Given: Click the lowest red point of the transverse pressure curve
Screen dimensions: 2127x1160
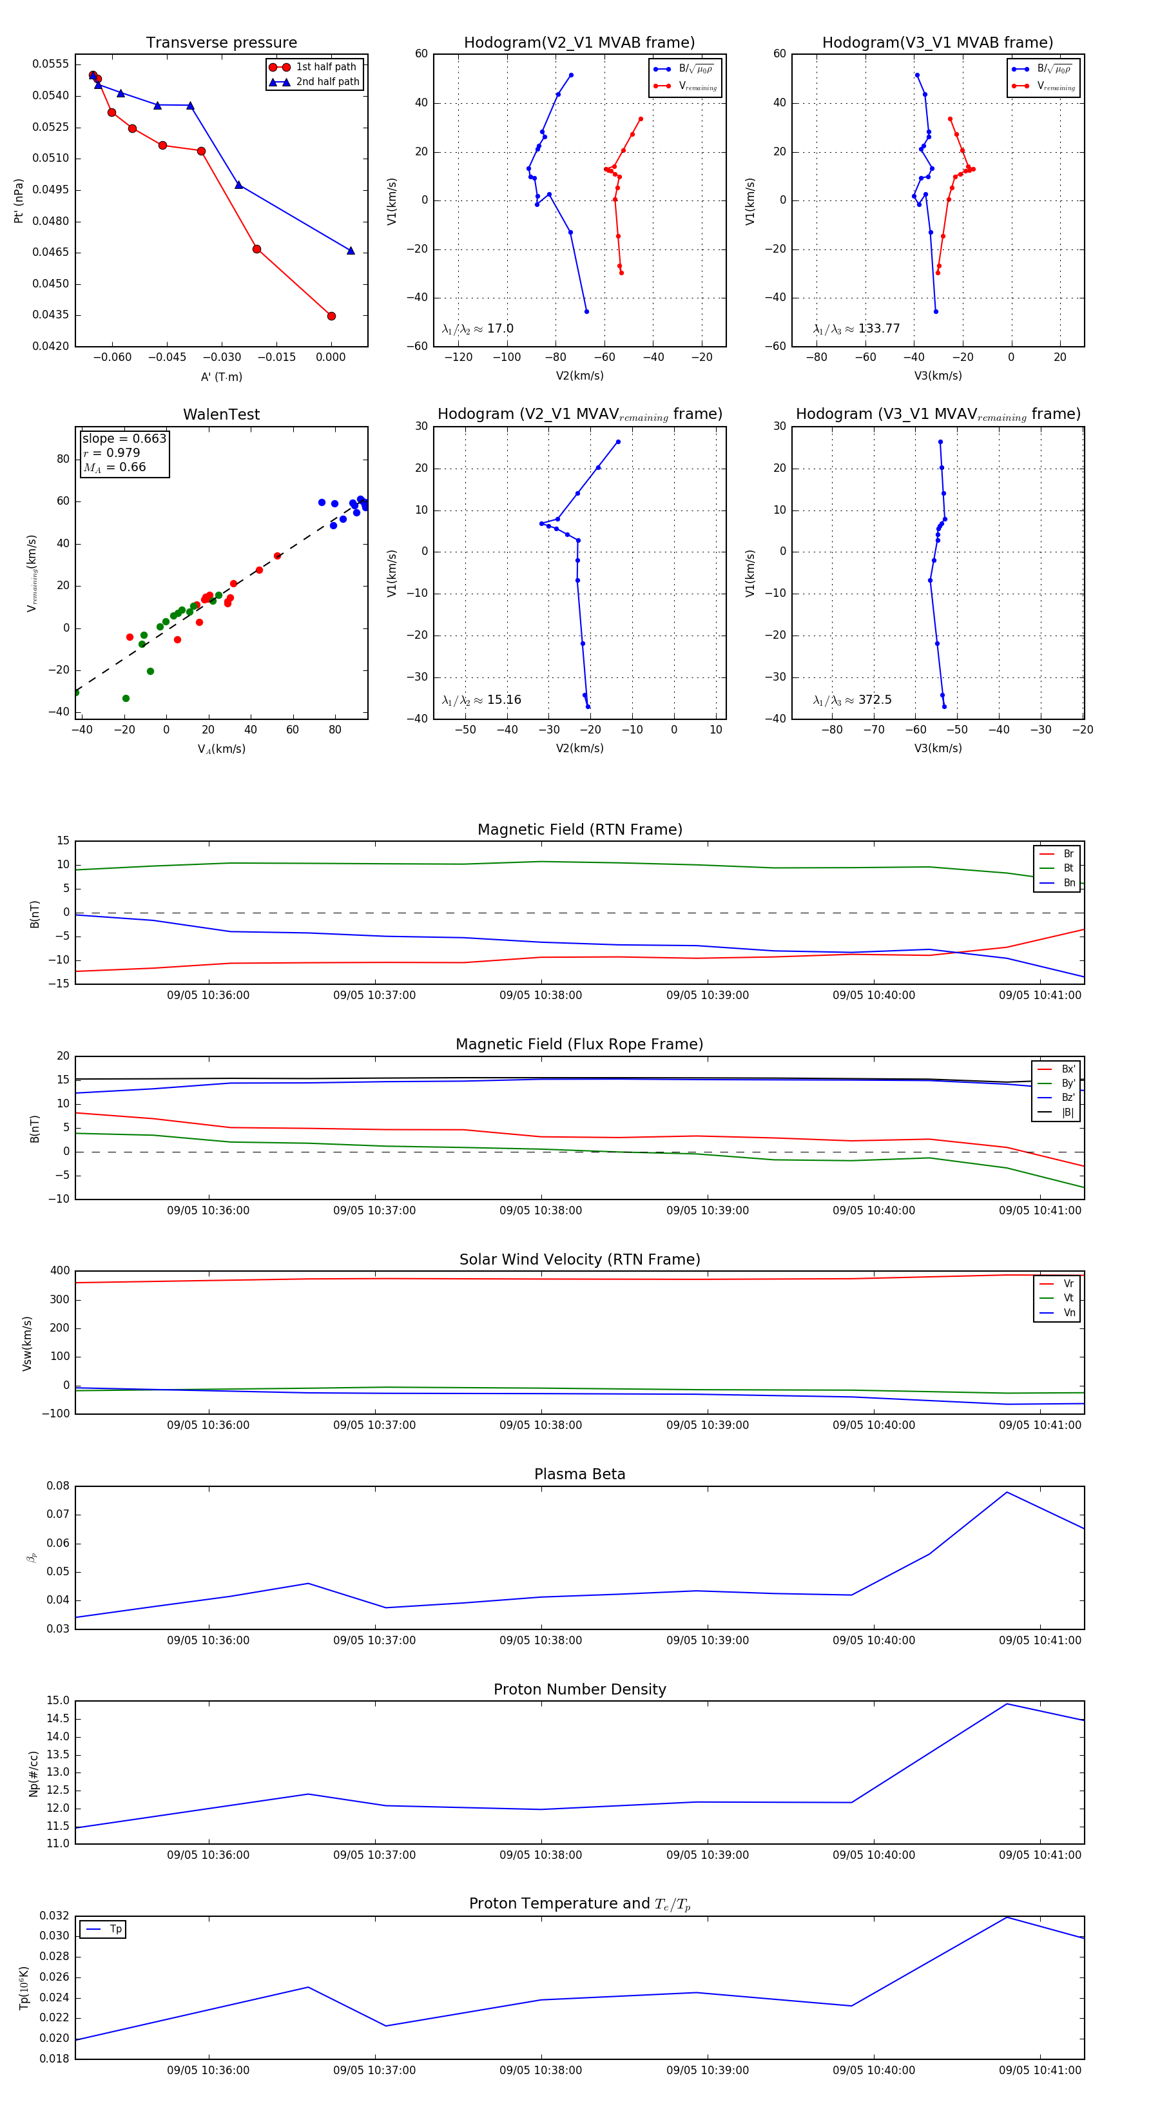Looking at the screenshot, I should [x=331, y=315].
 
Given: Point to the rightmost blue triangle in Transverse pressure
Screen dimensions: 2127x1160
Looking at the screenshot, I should [x=351, y=250].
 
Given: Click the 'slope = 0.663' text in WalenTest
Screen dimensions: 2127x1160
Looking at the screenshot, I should [x=124, y=438].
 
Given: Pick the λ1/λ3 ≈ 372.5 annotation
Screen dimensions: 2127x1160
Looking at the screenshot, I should [x=852, y=699].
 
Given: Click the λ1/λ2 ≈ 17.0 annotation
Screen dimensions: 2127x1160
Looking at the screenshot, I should [x=477, y=329].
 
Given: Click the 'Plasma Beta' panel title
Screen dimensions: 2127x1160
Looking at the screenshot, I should [x=579, y=1474].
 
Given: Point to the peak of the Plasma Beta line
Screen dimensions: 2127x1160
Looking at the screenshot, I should [x=1007, y=1492].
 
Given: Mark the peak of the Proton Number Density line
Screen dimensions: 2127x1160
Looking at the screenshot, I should [x=1007, y=1704].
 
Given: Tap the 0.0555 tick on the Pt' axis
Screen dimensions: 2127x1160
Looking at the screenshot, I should [x=50, y=64].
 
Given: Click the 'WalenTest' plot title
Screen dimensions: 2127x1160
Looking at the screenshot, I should [x=221, y=414].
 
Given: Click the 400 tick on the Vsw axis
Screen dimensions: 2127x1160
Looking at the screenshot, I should [x=59, y=1271].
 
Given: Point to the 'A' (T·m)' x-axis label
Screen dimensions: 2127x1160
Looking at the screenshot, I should [x=221, y=376].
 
